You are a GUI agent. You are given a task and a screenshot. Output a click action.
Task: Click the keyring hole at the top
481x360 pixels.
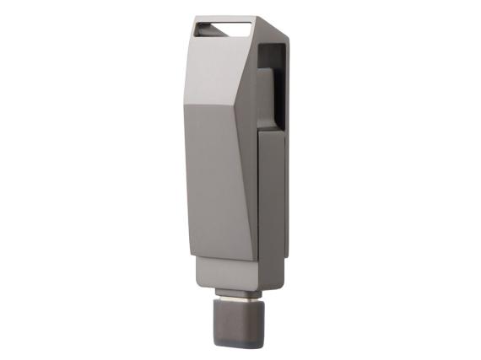[x=224, y=30]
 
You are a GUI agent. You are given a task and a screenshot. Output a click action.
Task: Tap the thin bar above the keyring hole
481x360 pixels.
[x=224, y=19]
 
